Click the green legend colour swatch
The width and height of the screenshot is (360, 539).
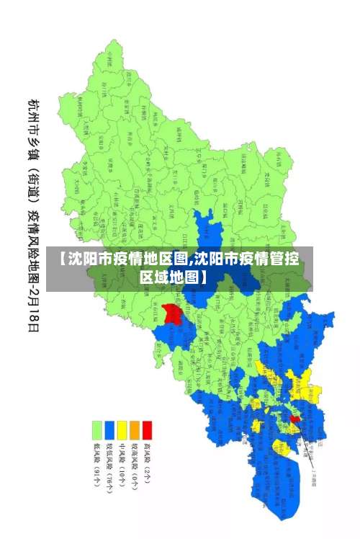point(96,430)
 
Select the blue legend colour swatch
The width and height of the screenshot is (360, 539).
point(109,430)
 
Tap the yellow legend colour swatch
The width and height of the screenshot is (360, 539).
point(122,430)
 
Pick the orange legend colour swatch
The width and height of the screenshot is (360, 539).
point(135,430)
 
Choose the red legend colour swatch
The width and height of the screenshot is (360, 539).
point(148,430)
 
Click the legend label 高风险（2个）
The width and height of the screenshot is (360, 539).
point(148,461)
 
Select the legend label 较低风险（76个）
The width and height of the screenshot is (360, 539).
point(109,466)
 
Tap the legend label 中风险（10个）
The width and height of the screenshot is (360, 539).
point(122,463)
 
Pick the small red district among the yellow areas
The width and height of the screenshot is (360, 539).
point(294,418)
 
